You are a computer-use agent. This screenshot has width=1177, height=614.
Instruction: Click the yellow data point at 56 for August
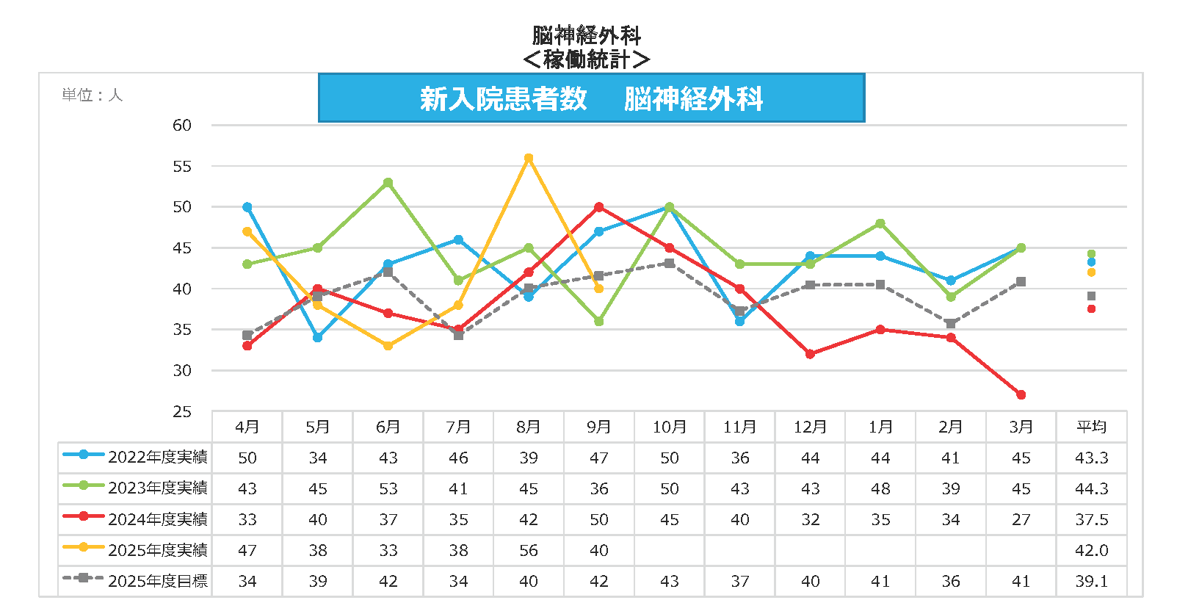pyautogui.click(x=529, y=158)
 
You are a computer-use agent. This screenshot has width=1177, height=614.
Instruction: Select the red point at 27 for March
pyautogui.click(x=1021, y=395)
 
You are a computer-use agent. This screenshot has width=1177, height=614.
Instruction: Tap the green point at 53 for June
pyautogui.click(x=388, y=183)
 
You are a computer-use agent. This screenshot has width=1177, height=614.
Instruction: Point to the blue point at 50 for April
pyautogui.click(x=247, y=207)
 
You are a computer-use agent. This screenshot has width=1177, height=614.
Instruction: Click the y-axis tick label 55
pyautogui.click(x=182, y=167)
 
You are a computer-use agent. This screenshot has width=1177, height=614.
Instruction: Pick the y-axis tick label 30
pyautogui.click(x=182, y=371)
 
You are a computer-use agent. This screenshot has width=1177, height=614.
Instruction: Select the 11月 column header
pyautogui.click(x=739, y=427)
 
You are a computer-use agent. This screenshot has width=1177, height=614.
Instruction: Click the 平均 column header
pyautogui.click(x=1091, y=427)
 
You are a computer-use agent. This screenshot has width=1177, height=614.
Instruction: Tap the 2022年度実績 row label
pyautogui.click(x=157, y=458)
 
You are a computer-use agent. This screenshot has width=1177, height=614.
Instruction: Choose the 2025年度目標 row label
pyautogui.click(x=157, y=581)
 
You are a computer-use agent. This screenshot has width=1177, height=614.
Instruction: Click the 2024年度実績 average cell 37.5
pyautogui.click(x=1091, y=519)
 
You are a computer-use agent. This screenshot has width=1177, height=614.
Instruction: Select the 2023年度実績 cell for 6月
pyautogui.click(x=388, y=488)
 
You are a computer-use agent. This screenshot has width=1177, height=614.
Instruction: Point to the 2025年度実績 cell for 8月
pyautogui.click(x=529, y=550)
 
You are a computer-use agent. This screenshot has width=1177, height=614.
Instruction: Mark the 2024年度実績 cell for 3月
pyautogui.click(x=1021, y=519)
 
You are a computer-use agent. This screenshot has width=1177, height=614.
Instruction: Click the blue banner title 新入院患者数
pyautogui.click(x=504, y=98)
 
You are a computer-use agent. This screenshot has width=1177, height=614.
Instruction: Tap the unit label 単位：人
pyautogui.click(x=93, y=95)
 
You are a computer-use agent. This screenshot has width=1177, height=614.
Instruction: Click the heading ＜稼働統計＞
pyautogui.click(x=587, y=59)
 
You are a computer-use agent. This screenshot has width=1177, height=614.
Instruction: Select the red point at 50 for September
pyautogui.click(x=599, y=207)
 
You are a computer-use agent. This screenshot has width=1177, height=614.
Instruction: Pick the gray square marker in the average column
pyautogui.click(x=1091, y=296)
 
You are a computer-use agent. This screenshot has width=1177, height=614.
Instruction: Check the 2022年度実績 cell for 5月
pyautogui.click(x=318, y=458)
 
